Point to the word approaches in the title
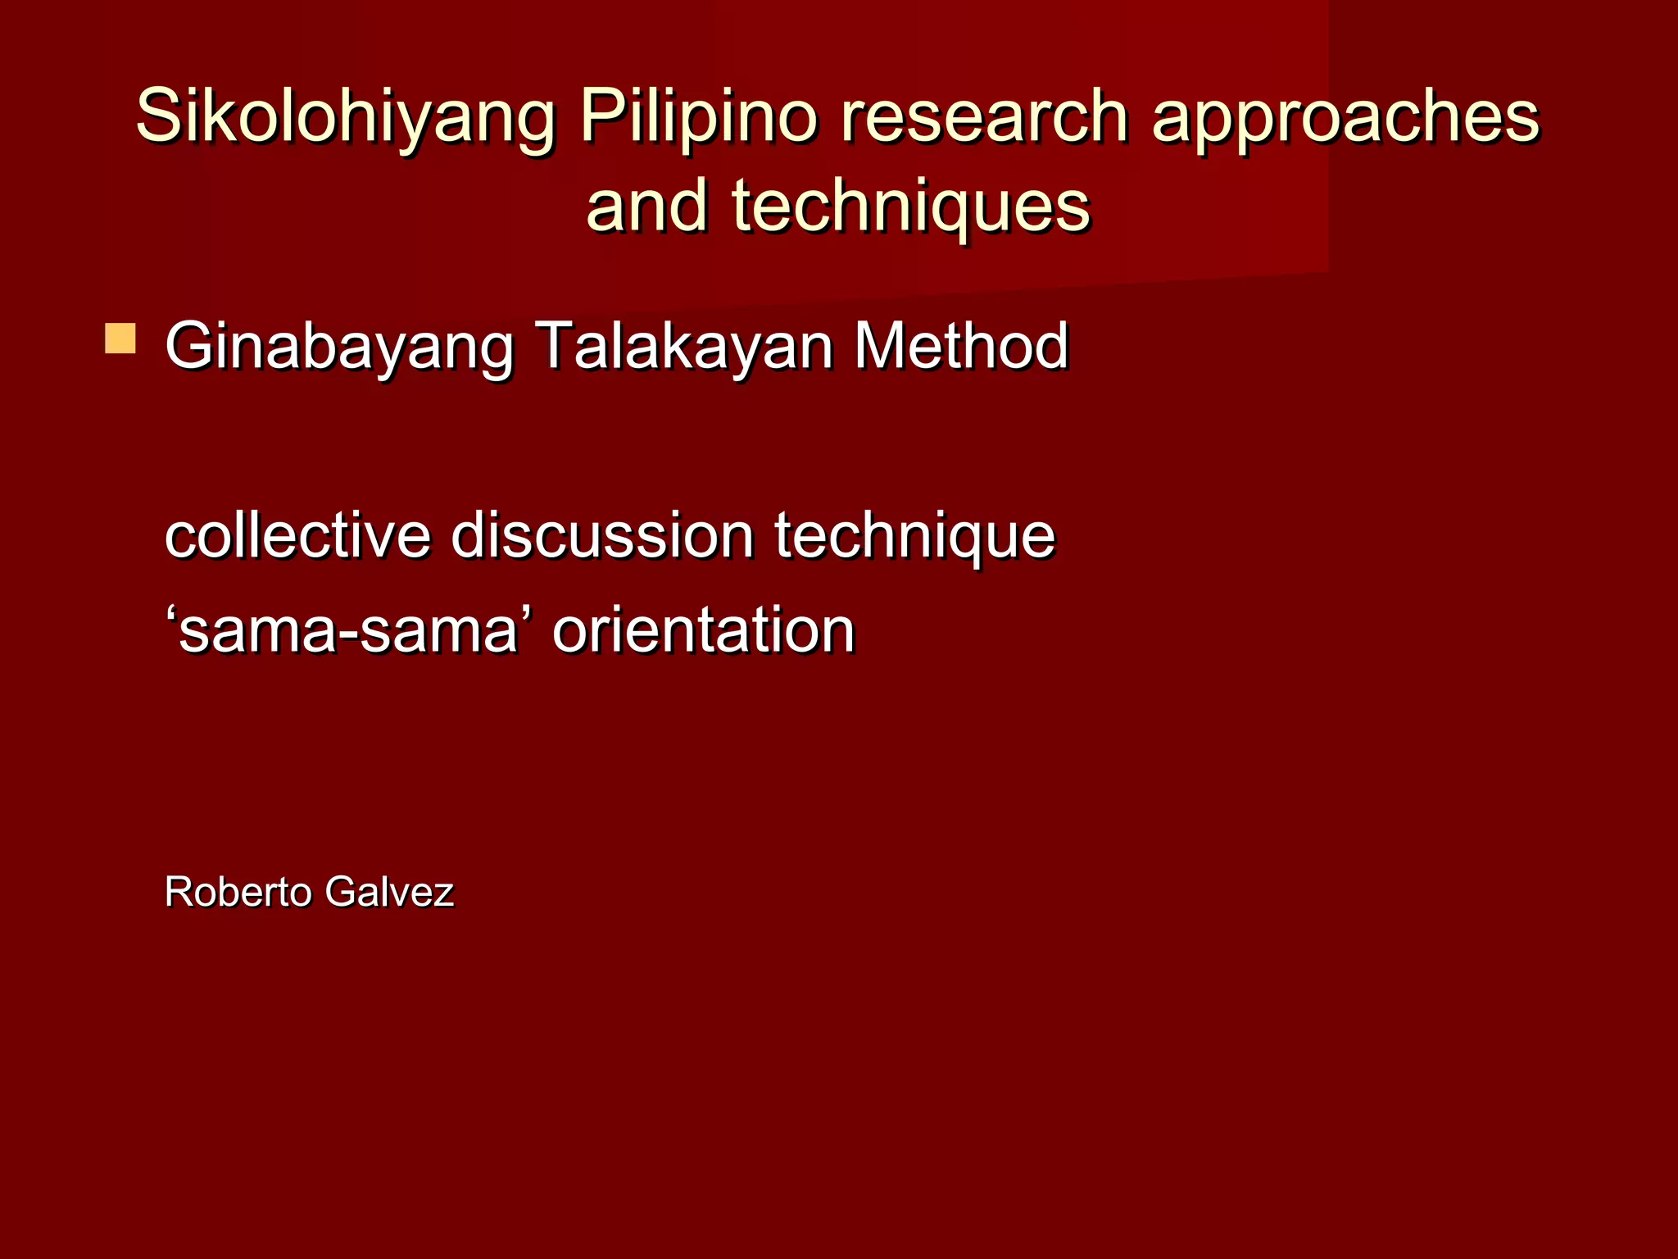[x=1345, y=117]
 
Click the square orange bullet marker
[x=120, y=339]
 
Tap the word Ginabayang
[x=338, y=346]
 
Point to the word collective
[x=297, y=536]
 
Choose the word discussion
[x=602, y=536]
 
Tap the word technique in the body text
[x=914, y=536]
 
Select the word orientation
[x=703, y=631]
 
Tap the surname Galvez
[x=389, y=892]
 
